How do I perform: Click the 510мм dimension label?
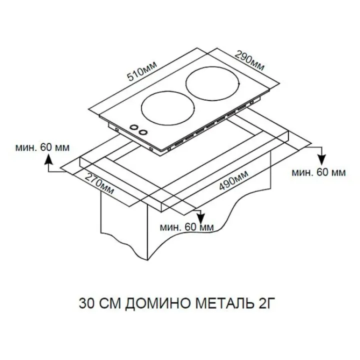point(142,71)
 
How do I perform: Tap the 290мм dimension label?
point(250,61)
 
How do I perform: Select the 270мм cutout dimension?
point(99,183)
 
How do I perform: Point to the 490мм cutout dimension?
point(233,180)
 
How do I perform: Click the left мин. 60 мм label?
point(42,147)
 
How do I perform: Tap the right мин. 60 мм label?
point(318,172)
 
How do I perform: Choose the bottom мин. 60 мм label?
point(187,227)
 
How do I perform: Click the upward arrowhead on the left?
point(48,159)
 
